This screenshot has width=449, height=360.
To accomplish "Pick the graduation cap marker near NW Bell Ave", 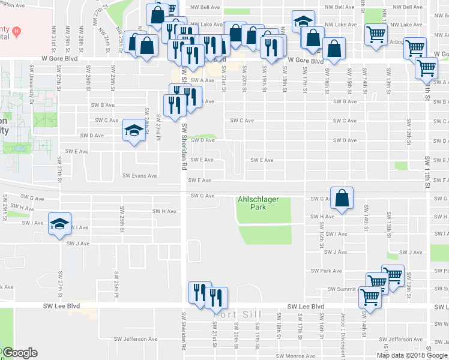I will tap(304, 22).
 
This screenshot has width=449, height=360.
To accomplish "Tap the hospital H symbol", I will tap(17, 31).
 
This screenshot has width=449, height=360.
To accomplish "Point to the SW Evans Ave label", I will tap(139, 176).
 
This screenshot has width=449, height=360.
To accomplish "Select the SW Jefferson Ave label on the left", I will tap(140, 339).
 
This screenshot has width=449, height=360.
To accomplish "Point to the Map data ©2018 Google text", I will tap(412, 355).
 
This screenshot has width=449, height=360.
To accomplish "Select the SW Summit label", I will tap(342, 289).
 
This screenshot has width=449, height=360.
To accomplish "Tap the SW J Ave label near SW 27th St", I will tap(77, 244).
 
